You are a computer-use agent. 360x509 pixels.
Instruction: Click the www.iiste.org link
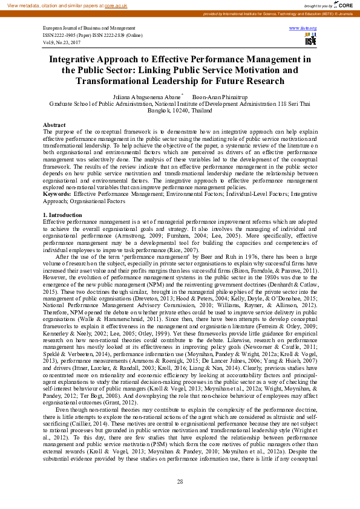click(x=303, y=28)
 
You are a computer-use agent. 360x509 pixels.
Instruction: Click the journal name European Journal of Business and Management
click(x=89, y=28)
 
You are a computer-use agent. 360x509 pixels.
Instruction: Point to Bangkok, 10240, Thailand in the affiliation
click(x=180, y=111)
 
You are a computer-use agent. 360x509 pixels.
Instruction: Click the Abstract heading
click(x=54, y=125)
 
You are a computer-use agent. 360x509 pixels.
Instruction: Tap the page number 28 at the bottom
click(x=180, y=481)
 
